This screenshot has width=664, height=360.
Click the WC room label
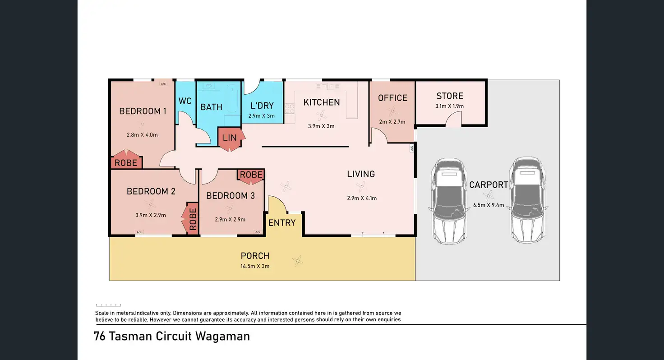[185, 101]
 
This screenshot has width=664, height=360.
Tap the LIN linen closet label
[230, 138]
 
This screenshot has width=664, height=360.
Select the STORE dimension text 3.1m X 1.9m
[449, 106]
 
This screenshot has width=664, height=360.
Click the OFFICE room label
[392, 98]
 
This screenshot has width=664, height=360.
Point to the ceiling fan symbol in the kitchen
[321, 115]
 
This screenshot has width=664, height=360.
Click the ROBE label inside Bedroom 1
[126, 163]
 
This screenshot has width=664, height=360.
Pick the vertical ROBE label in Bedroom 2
[193, 219]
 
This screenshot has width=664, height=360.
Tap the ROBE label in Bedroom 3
[251, 175]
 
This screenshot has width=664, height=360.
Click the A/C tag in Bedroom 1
[163, 84]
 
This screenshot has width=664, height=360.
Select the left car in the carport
[449, 201]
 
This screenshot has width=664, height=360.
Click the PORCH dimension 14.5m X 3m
[255, 266]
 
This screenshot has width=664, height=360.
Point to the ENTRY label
[282, 223]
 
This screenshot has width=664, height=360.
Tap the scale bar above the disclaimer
[108, 305]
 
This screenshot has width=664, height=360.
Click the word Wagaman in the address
[223, 337]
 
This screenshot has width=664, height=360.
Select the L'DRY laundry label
[262, 106]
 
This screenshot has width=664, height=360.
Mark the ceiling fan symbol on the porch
[298, 261]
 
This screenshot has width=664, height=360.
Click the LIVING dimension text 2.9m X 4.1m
[362, 198]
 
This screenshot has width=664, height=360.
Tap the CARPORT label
[489, 185]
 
